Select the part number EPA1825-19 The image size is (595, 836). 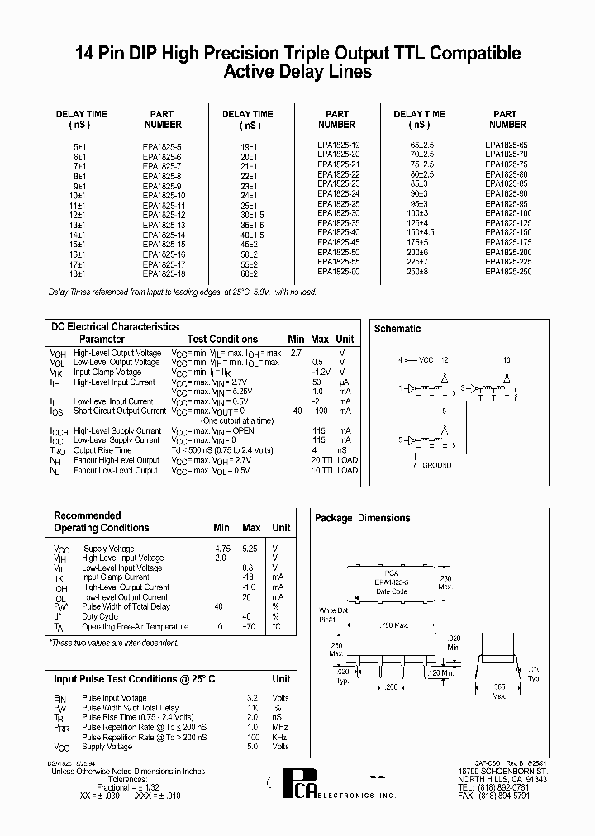tap(338, 145)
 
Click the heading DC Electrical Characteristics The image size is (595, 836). tap(115, 327)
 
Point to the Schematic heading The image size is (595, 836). tap(397, 329)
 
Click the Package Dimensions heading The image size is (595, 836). tap(362, 518)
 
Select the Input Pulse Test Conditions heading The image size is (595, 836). tap(135, 679)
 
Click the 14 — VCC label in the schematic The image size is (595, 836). tap(416, 360)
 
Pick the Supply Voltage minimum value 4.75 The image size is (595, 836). tap(222, 548)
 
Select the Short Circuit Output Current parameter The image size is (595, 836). tap(120, 411)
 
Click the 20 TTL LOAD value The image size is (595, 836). tap(335, 460)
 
